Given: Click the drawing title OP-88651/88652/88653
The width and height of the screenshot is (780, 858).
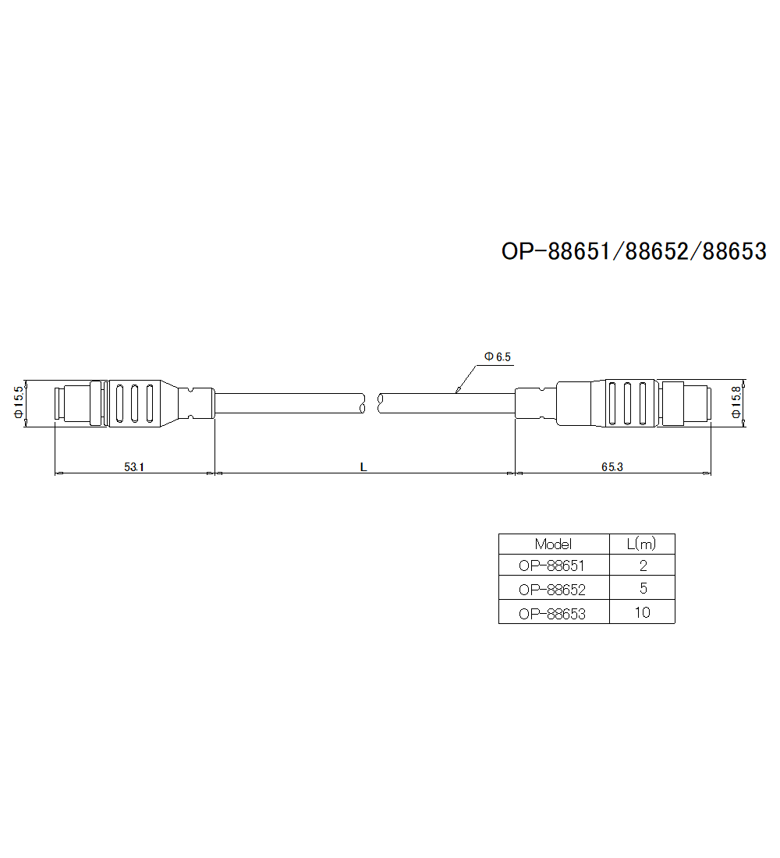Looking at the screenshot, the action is pyautogui.click(x=634, y=251).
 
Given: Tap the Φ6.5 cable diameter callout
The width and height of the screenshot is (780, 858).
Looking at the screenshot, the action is pyautogui.click(x=498, y=356).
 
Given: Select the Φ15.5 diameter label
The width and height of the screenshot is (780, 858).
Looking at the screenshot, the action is pyautogui.click(x=19, y=402).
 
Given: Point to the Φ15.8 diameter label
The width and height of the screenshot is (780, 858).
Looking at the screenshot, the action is pyautogui.click(x=736, y=402).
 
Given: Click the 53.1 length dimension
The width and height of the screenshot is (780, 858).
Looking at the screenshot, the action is pyautogui.click(x=134, y=466).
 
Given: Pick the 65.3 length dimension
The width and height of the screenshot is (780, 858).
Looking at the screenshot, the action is pyautogui.click(x=612, y=466).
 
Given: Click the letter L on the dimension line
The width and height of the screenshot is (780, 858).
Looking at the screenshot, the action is pyautogui.click(x=363, y=466).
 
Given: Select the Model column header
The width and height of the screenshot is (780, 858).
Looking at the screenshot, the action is pyautogui.click(x=553, y=544).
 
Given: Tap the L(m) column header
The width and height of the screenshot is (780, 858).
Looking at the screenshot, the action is pyautogui.click(x=641, y=544).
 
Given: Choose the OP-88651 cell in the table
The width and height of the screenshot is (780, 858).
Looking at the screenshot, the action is pyautogui.click(x=551, y=565).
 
